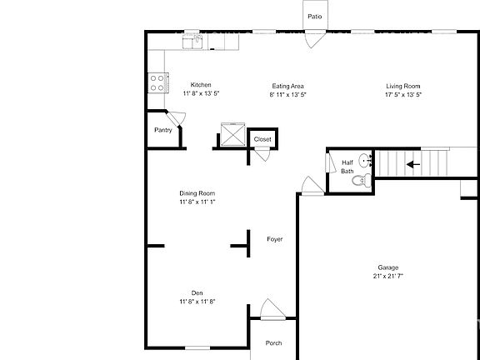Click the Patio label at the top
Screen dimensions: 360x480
(314, 16)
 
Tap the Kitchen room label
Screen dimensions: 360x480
(201, 85)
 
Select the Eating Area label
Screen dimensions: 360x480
(288, 85)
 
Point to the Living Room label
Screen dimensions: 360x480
(402, 85)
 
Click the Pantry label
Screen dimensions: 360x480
(163, 130)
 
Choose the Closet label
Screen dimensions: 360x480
(262, 139)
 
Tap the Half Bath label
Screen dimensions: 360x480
(347, 167)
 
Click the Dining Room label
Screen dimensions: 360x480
(197, 193)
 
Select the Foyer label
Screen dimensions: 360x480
(274, 239)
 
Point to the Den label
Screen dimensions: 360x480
(197, 292)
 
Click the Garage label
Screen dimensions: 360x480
(388, 267)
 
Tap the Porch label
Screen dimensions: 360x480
(273, 342)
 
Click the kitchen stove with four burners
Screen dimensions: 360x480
(156, 82)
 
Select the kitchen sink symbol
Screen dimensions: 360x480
(195, 39)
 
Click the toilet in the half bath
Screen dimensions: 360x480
(360, 179)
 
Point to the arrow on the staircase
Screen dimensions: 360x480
(412, 164)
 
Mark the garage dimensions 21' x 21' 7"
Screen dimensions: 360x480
(388, 276)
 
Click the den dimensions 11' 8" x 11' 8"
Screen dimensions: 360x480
(197, 302)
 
